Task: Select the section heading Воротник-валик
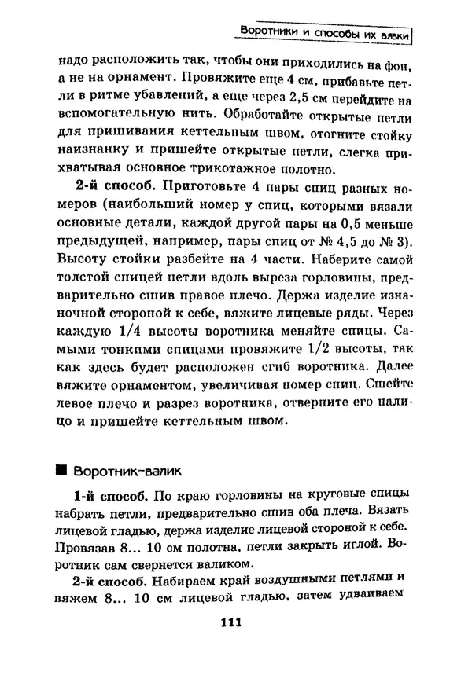coord(128,472)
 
